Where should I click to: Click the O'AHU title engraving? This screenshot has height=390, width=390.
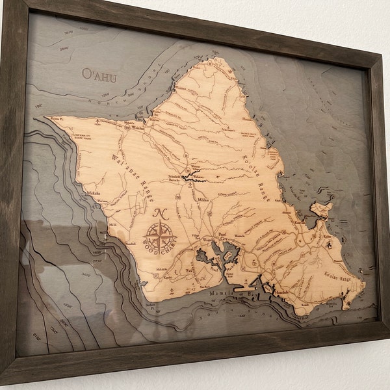click(99, 75)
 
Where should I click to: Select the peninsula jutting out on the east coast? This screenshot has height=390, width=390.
click(322, 210)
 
